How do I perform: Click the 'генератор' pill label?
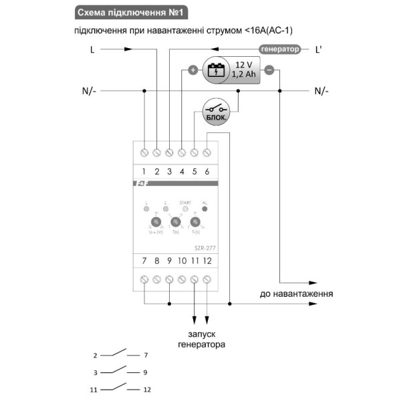point(279,49)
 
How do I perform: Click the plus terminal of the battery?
point(192,70)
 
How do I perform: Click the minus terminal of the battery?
point(269,70)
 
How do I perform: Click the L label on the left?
point(92,49)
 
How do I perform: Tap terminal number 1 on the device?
point(144,153)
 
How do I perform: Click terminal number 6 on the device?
point(207,153)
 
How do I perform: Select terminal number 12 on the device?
point(207,278)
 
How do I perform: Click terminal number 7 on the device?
point(144,278)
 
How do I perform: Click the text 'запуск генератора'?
point(201,340)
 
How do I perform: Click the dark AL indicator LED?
point(205,209)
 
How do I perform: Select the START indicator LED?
point(185,209)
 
